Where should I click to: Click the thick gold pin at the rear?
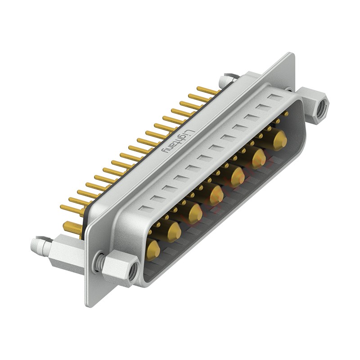(x=72, y=227)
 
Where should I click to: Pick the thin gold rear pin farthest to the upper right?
(x=208, y=90)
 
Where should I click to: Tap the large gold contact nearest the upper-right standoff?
(x=279, y=140)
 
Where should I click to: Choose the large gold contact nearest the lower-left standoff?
(x=153, y=250)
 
